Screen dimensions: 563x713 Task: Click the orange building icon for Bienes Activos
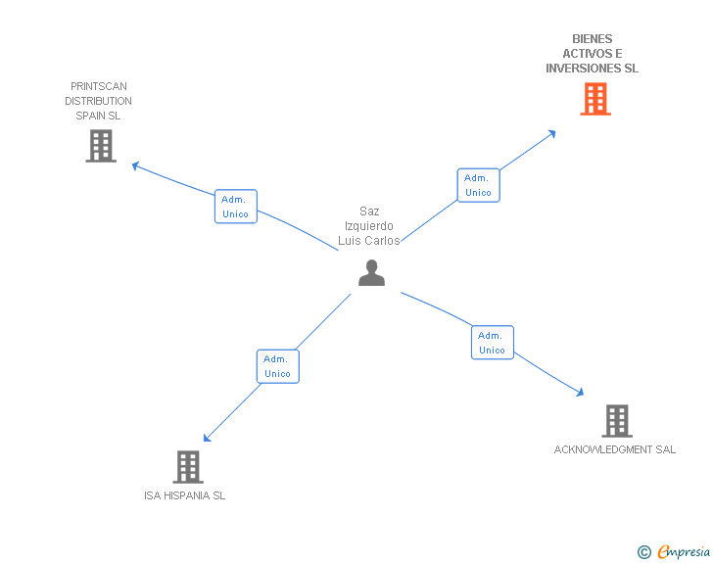[595, 99]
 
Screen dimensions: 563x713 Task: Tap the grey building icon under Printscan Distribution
[101, 146]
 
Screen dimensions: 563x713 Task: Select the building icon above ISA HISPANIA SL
[188, 467]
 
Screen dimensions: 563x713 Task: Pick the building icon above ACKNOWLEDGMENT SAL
[616, 421]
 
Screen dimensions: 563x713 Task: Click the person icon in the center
[371, 273]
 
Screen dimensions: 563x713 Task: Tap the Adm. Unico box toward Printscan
[236, 207]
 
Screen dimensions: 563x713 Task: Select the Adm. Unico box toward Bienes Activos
[478, 185]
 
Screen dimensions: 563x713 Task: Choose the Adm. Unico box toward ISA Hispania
[277, 366]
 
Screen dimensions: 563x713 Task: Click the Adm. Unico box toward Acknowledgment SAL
[492, 343]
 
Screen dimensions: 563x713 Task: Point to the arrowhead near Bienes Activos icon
[552, 132]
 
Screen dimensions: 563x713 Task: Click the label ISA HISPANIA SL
[184, 495]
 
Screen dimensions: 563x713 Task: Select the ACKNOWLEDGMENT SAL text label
[615, 449]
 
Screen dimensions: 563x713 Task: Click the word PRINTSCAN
[99, 86]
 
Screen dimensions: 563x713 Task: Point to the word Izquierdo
[369, 226]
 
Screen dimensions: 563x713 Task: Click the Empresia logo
[683, 552]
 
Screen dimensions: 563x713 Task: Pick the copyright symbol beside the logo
[644, 552]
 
